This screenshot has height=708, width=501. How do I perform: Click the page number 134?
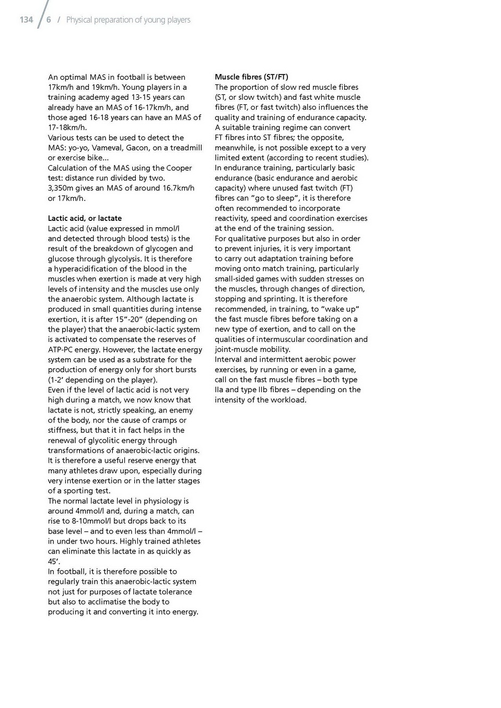click(x=26, y=20)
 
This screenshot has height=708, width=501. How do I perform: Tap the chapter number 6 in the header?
click(x=49, y=20)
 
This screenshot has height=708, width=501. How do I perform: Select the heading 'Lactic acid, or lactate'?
click(x=85, y=218)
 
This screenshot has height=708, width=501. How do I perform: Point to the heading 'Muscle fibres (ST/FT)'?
click(x=251, y=77)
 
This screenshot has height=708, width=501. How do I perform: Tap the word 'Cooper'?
click(x=179, y=168)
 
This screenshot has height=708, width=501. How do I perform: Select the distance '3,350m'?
click(x=61, y=188)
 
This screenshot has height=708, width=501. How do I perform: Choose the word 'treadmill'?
click(x=185, y=148)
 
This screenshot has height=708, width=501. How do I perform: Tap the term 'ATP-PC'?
click(x=61, y=350)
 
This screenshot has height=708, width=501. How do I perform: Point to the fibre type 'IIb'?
click(x=263, y=390)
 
